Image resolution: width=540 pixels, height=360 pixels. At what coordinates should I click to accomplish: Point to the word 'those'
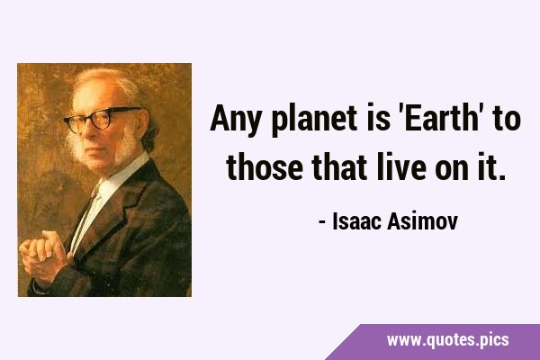click(265, 166)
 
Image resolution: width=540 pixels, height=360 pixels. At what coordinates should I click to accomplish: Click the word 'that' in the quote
click(339, 166)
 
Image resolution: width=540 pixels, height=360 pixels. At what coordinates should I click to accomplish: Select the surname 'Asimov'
click(422, 221)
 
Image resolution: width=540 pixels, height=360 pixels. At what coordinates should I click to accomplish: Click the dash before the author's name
click(322, 223)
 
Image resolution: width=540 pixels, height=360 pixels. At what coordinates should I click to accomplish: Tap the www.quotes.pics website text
click(447, 340)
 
